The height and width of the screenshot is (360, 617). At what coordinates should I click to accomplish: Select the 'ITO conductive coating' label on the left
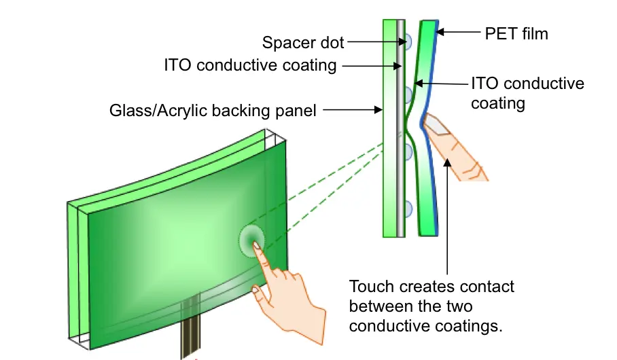tap(250, 65)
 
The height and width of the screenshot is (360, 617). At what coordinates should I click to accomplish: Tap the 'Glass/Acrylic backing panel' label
tap(213, 110)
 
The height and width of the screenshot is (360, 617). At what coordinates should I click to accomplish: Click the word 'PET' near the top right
tap(501, 33)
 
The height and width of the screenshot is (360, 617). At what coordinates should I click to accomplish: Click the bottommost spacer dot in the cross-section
tap(407, 209)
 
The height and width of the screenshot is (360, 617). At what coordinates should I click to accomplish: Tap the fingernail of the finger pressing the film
tap(432, 124)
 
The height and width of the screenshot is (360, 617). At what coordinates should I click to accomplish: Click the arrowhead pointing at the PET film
tap(440, 31)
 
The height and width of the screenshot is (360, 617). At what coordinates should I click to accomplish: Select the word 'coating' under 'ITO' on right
tap(498, 103)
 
